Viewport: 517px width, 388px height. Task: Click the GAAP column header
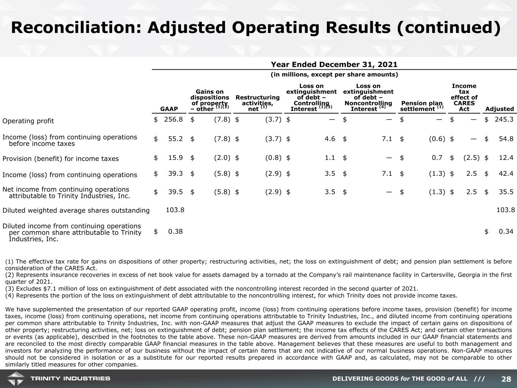pos(169,109)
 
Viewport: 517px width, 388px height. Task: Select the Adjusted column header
pos(500,109)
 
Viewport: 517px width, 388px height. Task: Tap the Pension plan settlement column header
pos(422,106)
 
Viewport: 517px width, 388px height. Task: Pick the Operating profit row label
pos(28,121)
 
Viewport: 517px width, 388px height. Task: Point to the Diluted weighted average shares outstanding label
pos(76,210)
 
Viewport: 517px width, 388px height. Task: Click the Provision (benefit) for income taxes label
pos(61,159)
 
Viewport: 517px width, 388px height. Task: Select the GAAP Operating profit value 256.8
pos(173,119)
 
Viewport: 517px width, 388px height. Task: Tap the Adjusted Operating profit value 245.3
pos(504,119)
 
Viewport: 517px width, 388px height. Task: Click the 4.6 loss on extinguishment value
pos(330,139)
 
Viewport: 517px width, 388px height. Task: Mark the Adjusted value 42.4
pos(506,174)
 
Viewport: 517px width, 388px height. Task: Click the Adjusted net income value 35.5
pos(506,192)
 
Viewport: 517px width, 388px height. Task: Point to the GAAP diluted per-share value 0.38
pos(175,231)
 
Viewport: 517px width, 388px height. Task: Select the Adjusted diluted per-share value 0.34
pos(506,231)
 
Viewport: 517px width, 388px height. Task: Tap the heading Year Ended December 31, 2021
pos(334,65)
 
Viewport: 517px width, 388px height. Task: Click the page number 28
pos(506,379)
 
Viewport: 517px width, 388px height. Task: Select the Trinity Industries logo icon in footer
pos(15,379)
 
